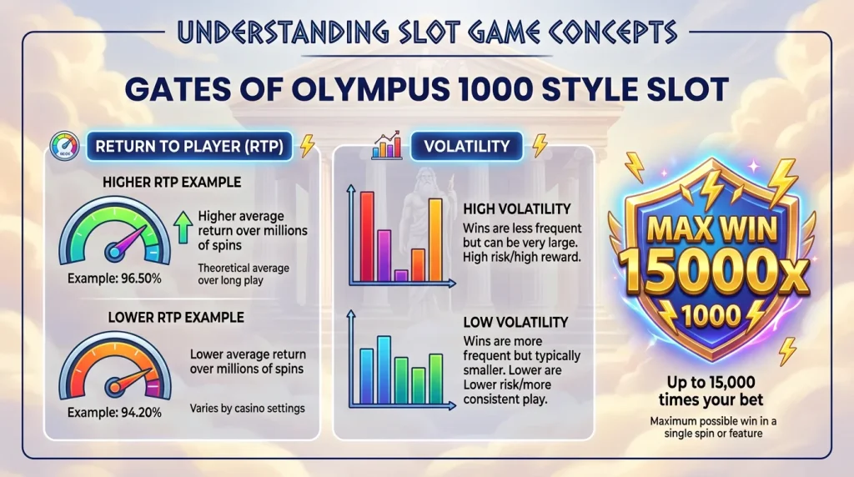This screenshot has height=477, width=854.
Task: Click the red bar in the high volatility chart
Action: tap(366, 235)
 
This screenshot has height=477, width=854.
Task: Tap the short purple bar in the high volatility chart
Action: tap(401, 274)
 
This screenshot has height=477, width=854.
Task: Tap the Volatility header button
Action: tap(466, 147)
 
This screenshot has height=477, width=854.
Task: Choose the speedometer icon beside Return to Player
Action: tap(65, 147)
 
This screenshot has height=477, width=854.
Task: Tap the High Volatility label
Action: tap(515, 208)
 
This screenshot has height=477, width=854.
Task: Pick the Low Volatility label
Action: tap(514, 321)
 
